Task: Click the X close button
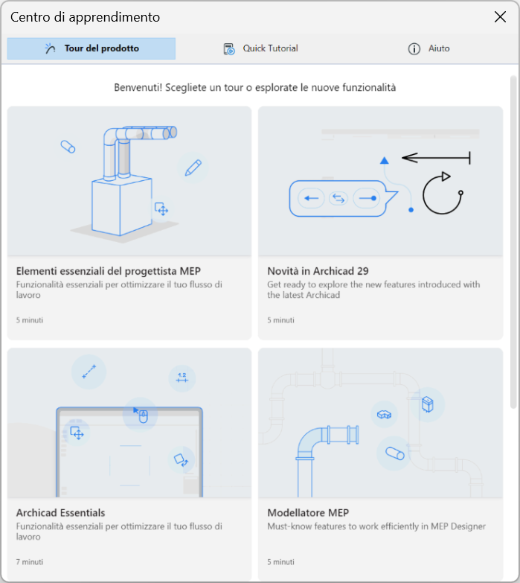[500, 16]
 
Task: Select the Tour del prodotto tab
[92, 48]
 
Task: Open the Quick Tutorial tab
[260, 48]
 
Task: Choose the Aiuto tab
[429, 48]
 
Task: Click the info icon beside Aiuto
[414, 48]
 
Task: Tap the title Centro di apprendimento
[85, 17]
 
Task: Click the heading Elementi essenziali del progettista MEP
[109, 271]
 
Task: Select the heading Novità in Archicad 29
[318, 271]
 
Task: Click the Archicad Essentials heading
[60, 513]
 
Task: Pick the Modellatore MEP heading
[308, 513]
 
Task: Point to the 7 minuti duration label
[30, 562]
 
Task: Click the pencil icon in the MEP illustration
[193, 168]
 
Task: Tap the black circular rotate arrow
[443, 194]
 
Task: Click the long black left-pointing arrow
[436, 158]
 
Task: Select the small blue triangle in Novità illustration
[385, 161]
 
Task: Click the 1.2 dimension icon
[182, 377]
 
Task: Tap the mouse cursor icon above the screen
[141, 415]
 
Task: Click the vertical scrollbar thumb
[513, 242]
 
